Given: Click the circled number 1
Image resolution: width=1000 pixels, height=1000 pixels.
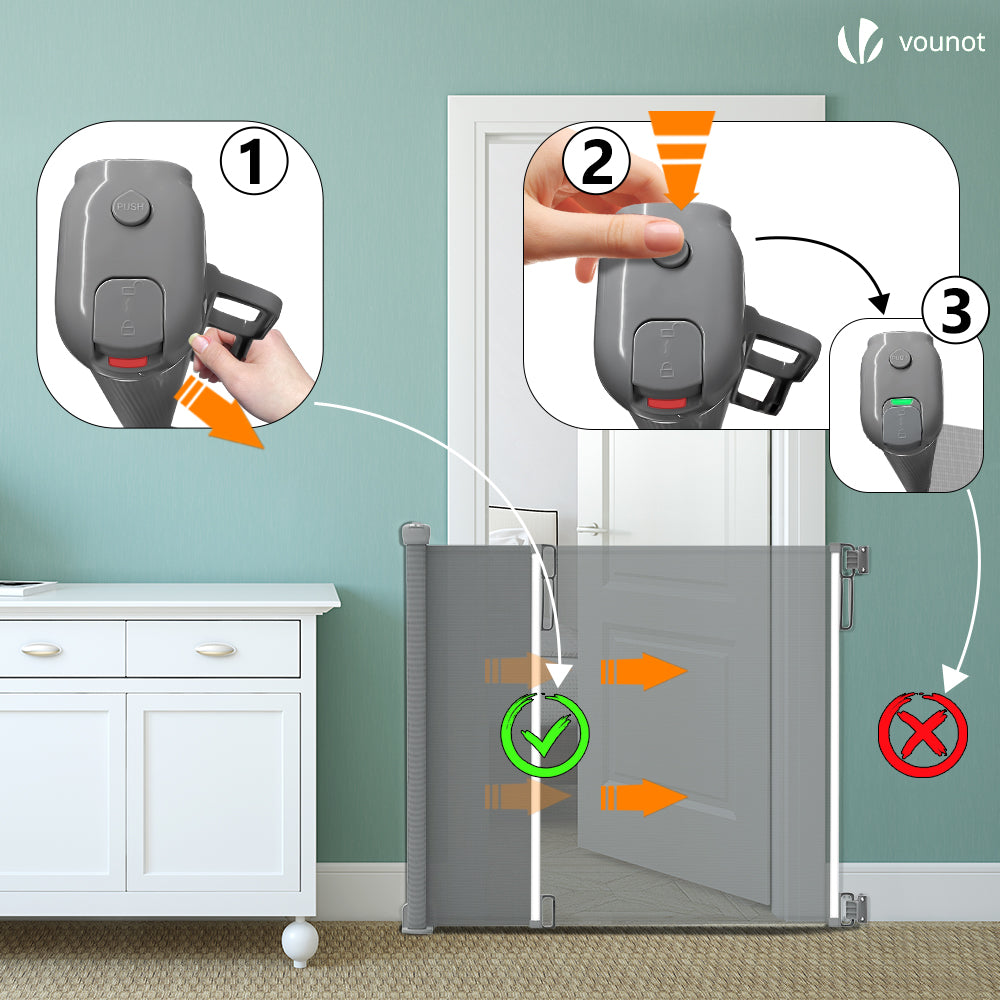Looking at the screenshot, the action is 254,161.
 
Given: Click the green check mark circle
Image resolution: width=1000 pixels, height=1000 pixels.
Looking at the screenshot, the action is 545,735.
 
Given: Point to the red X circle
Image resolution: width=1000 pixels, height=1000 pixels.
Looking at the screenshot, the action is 923,734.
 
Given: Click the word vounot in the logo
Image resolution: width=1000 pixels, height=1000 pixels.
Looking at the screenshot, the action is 942,42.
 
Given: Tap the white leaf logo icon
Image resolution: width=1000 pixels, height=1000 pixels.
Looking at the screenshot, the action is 860,41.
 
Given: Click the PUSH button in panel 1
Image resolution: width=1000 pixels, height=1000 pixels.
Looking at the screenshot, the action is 131,207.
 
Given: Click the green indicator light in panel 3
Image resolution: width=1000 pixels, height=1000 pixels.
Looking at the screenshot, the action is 902,402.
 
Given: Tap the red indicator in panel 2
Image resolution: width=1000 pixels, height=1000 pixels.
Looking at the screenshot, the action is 667,403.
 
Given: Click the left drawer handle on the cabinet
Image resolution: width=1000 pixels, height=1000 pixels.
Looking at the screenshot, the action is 41,650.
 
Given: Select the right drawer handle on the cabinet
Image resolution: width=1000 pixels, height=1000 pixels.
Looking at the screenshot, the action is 216,650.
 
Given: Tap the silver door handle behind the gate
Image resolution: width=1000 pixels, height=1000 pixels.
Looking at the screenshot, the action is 592,529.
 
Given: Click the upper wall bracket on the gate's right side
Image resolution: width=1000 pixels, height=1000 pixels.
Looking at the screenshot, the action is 854,559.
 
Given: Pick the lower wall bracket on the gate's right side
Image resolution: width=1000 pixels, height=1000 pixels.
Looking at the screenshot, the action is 853,909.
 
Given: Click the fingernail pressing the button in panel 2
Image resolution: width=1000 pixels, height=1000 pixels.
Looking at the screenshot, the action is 664,236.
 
